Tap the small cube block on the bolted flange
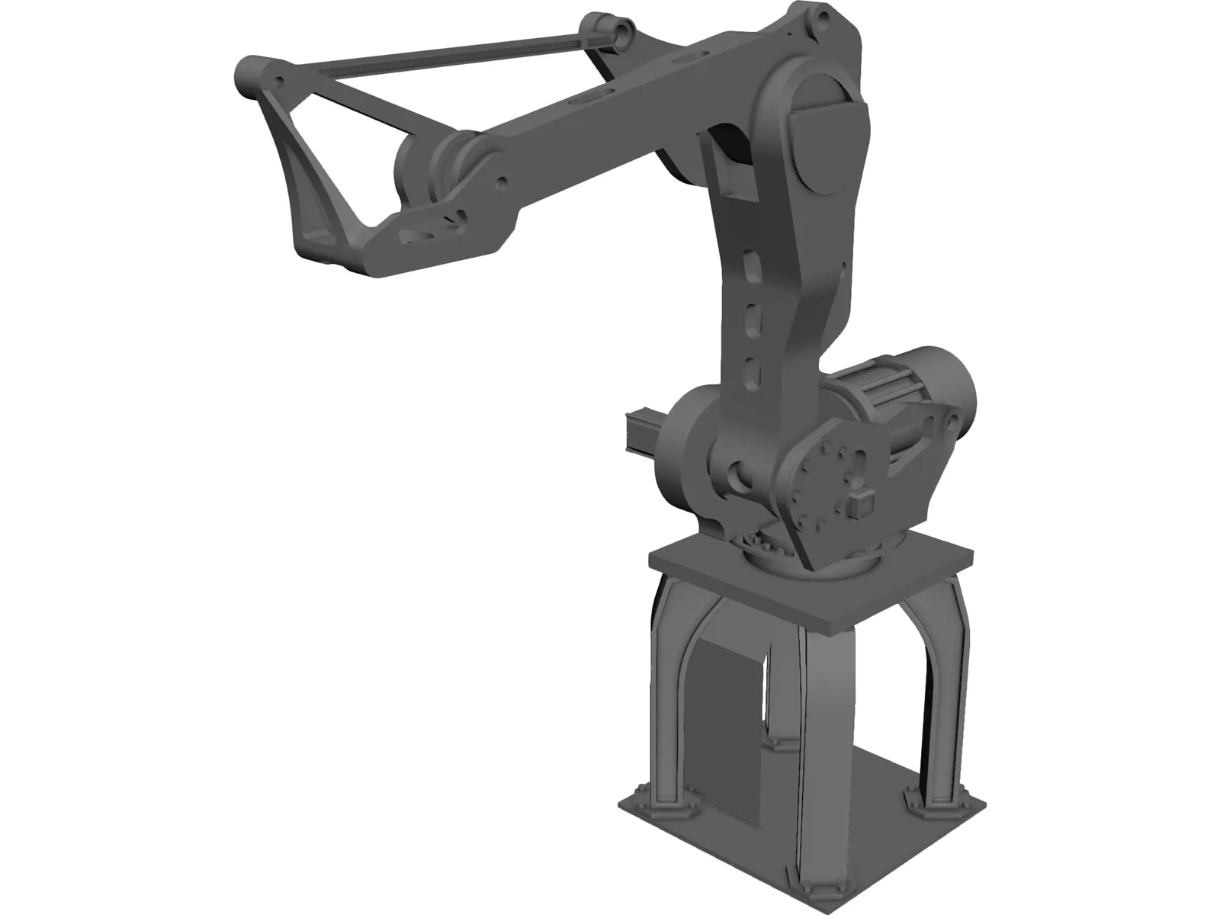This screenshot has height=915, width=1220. pyautogui.click(x=859, y=504)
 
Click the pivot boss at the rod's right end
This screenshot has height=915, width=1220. pyautogui.click(x=621, y=33)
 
